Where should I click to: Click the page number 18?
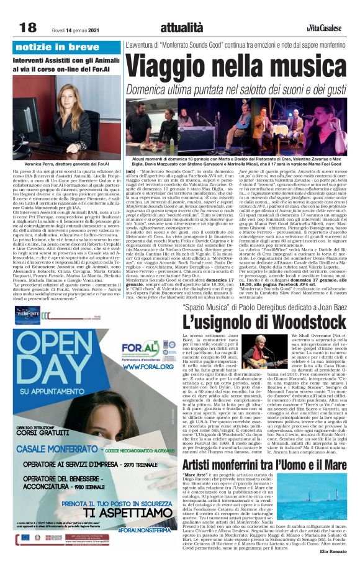coord(27,27)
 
